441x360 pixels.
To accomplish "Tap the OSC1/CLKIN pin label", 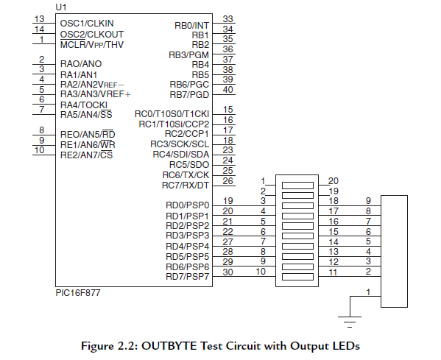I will [87, 23].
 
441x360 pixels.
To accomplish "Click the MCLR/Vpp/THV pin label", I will [92, 43].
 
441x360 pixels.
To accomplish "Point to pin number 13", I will [40, 18].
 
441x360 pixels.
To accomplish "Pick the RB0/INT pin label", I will [191, 25].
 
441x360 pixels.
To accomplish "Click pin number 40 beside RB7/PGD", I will [228, 90].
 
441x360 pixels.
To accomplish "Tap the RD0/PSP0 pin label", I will [188, 205].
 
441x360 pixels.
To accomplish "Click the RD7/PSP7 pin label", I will [188, 276].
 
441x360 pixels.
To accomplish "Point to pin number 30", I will [228, 272].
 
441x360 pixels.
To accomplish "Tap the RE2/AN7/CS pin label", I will [86, 155].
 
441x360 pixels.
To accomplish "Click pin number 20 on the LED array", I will [333, 180].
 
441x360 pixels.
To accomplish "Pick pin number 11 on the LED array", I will [333, 272].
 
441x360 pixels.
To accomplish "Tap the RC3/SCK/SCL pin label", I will [180, 144].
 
